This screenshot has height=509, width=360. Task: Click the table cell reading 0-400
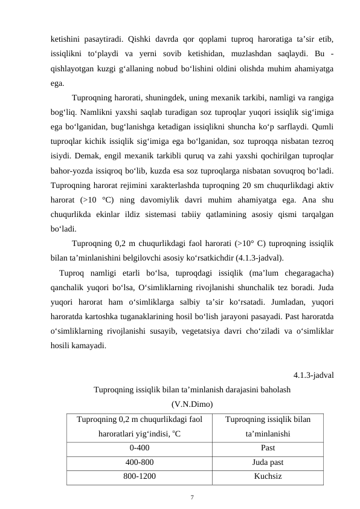(140, 448)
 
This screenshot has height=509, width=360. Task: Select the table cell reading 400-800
(140, 462)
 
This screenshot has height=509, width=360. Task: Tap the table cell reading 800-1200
(140, 476)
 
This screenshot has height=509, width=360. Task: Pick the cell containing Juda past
(268, 462)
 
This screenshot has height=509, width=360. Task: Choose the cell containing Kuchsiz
(268, 476)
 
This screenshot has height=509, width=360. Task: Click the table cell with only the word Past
(268, 448)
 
